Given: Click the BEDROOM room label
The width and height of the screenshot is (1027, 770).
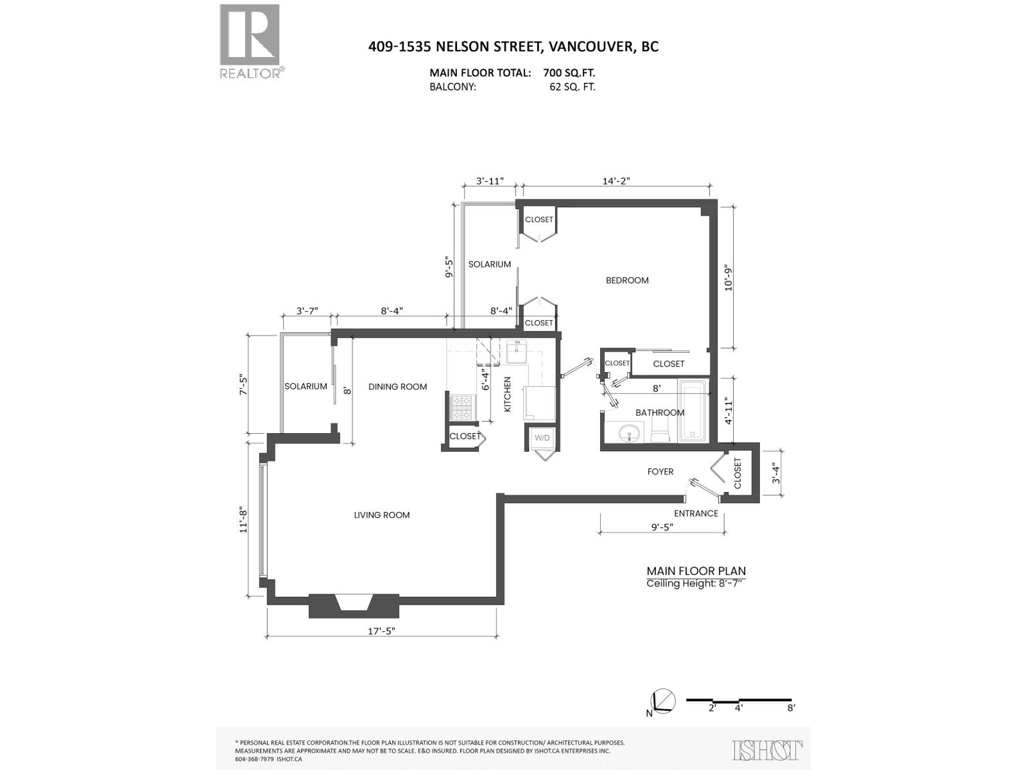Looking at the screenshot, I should (627, 280).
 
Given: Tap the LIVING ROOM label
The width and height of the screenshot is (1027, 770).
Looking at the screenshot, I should (381, 515).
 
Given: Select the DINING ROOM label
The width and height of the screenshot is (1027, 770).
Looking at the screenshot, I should (397, 387).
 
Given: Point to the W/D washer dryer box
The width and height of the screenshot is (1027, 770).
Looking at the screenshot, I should (542, 438).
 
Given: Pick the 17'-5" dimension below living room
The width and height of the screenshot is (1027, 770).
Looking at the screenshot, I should (381, 630).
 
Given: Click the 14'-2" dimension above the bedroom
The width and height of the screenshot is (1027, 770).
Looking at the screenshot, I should (616, 182).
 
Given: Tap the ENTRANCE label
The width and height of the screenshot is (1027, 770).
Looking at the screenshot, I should (696, 513).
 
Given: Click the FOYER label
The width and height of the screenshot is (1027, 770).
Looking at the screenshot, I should (660, 472).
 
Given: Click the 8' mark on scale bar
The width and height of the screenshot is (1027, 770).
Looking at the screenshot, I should (791, 708).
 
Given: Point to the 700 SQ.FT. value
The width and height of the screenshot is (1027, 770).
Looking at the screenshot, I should (573, 73).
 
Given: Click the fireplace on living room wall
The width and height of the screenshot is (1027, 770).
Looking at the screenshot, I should (354, 604).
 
